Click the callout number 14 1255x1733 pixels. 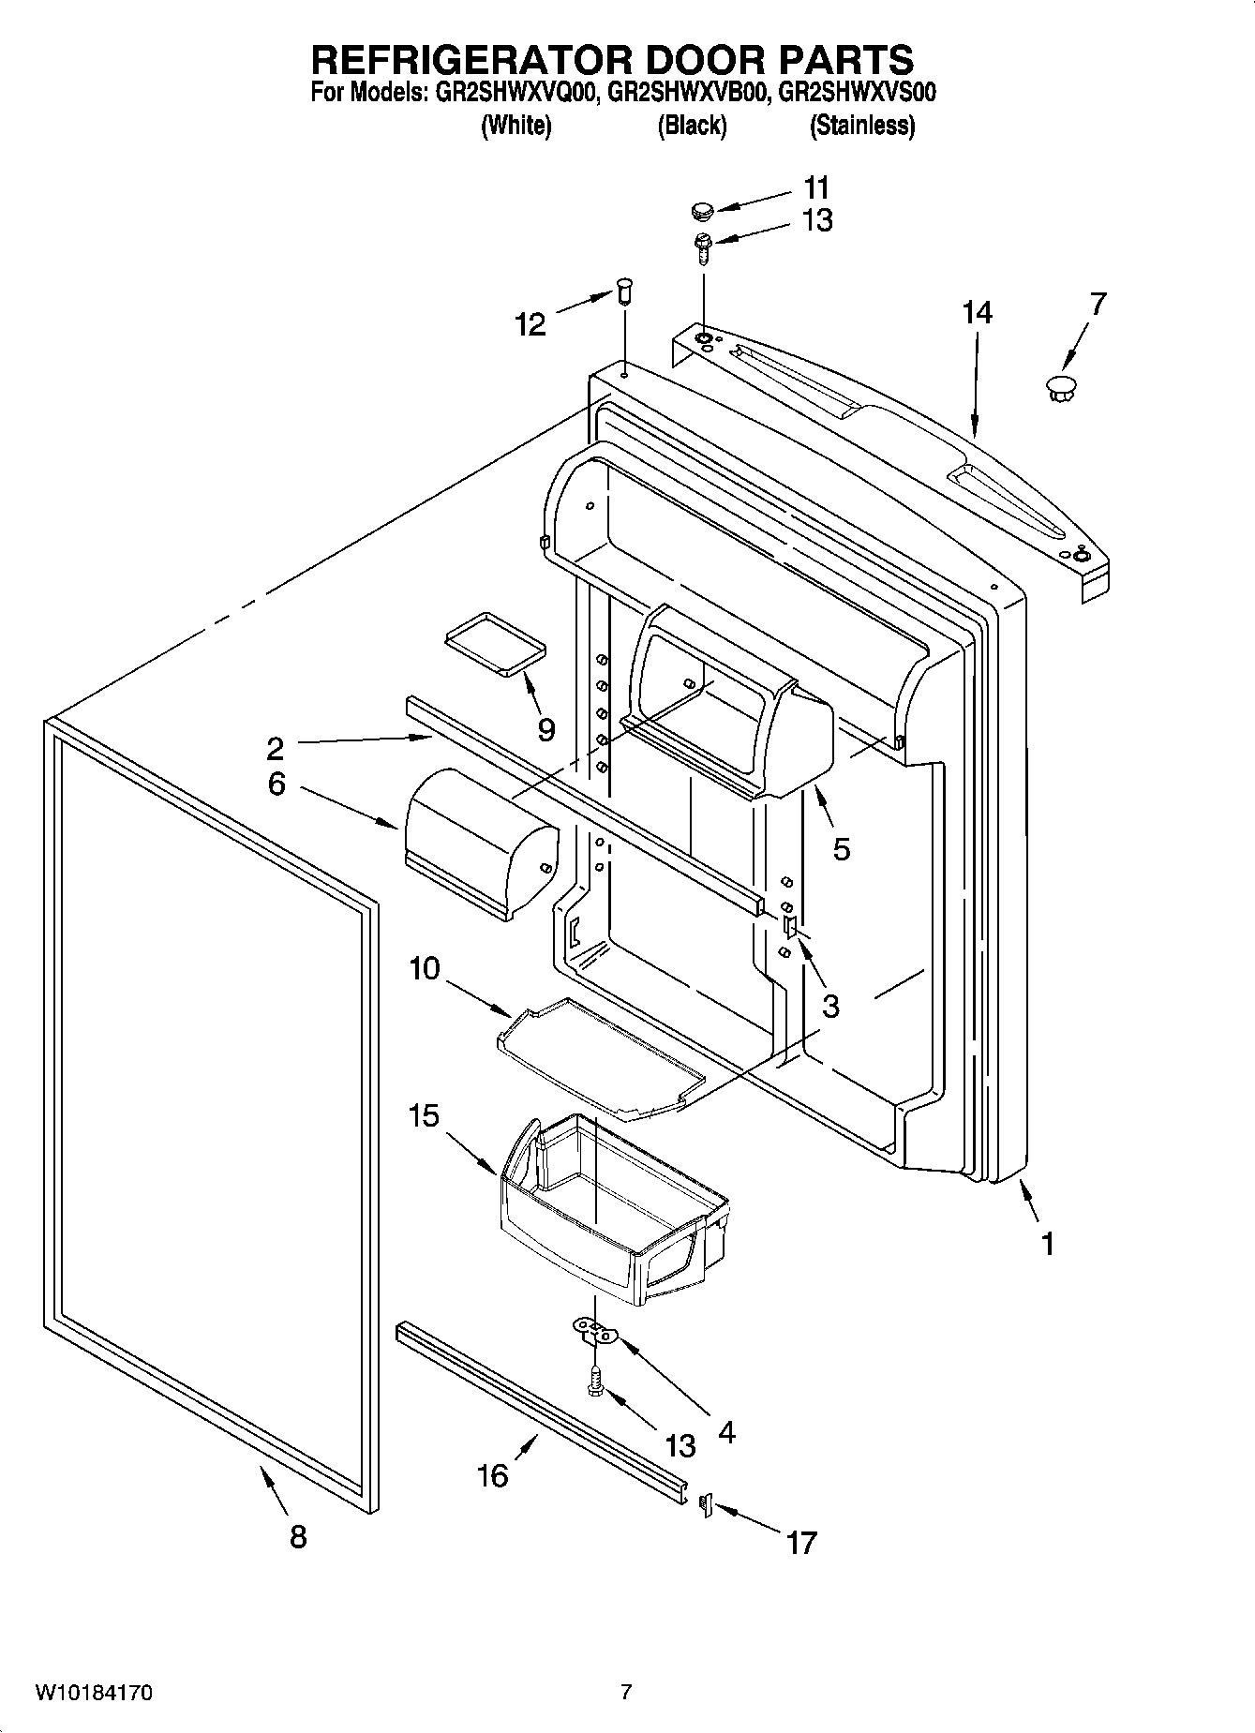point(977,312)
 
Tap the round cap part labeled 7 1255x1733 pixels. point(1060,387)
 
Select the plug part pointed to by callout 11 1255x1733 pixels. point(703,210)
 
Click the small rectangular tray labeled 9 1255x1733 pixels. point(494,642)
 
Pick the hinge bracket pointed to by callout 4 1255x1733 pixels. point(595,1329)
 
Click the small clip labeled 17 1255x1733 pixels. point(707,1504)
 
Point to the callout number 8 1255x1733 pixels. point(297,1537)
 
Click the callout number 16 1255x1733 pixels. point(492,1475)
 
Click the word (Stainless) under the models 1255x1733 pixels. point(861,126)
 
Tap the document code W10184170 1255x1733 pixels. point(94,1693)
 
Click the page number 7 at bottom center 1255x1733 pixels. point(626,1692)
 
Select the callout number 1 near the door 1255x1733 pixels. point(1048,1244)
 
